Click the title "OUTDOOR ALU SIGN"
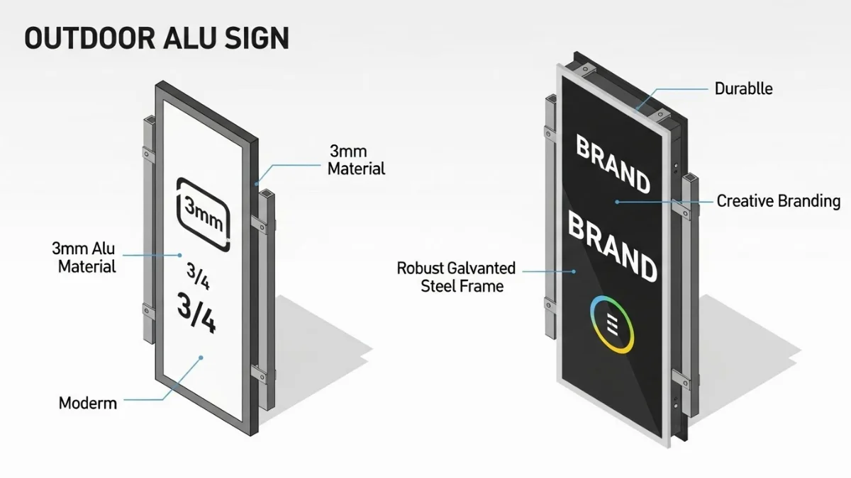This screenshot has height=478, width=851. [157, 39]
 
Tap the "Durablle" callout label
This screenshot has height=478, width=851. [743, 89]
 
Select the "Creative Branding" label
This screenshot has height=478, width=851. [778, 201]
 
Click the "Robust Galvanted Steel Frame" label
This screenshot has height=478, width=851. [456, 278]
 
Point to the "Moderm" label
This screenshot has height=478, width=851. [87, 404]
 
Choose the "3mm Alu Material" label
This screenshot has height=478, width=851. [84, 258]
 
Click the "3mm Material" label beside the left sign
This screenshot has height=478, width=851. [356, 160]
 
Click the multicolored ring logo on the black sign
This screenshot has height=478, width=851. [611, 324]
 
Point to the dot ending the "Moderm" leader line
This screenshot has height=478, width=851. [201, 358]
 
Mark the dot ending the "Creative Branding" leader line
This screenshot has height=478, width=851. [617, 202]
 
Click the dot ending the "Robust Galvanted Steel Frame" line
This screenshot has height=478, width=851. [574, 271]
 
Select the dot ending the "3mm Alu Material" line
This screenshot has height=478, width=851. [180, 255]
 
